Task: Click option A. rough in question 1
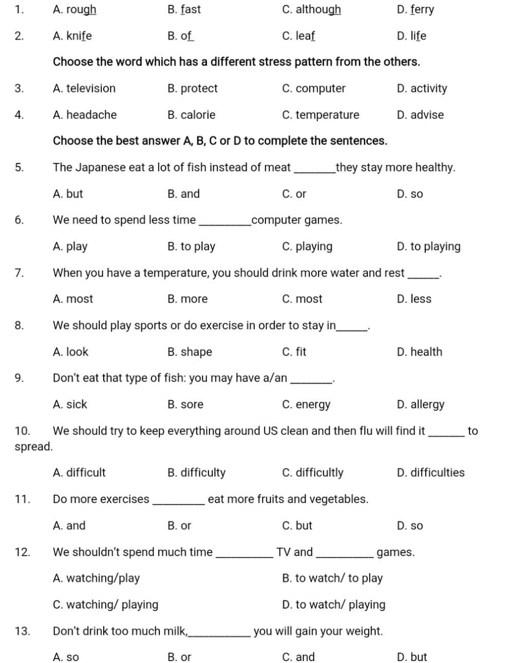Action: (x=74, y=10)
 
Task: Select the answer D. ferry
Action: (x=415, y=10)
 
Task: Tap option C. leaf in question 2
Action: (x=298, y=36)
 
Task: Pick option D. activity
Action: (x=422, y=89)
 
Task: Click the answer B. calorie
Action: (x=191, y=115)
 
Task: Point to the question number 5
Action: (x=19, y=167)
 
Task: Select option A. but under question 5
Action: (x=68, y=194)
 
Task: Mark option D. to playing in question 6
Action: (x=428, y=247)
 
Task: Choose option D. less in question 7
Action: (x=414, y=299)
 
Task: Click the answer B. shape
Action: (x=190, y=352)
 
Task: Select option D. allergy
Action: (x=420, y=405)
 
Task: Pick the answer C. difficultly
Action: (x=312, y=473)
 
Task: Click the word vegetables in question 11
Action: (x=340, y=499)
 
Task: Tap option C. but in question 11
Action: (x=297, y=525)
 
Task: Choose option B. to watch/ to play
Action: (x=332, y=578)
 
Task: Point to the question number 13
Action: (x=23, y=631)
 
